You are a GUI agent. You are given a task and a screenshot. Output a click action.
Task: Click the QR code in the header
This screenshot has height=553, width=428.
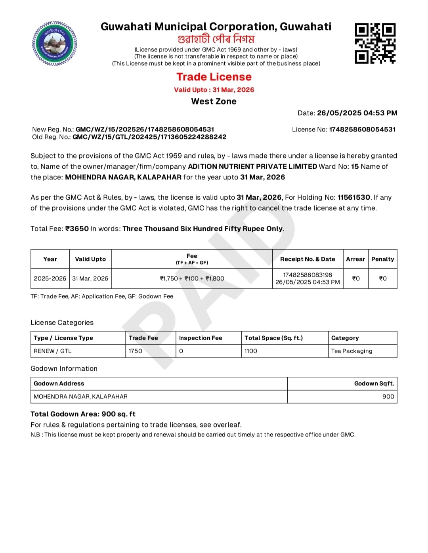tap(375, 43)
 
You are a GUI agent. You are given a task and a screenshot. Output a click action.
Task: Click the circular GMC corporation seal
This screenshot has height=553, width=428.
tap(55, 44)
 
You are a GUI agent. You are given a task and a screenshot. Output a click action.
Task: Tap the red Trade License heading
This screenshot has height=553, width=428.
tap(214, 77)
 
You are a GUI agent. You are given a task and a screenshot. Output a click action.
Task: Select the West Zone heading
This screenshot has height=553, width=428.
tap(214, 101)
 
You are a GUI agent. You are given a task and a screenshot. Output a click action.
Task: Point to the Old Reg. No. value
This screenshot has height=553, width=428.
tap(149, 137)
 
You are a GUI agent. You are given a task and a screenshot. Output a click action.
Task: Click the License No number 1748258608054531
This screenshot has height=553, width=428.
tap(362, 130)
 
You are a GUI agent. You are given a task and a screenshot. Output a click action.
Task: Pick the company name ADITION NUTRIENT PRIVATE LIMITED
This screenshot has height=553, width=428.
tap(252, 166)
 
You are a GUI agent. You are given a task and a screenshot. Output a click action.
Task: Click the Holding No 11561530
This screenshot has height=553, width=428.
tap(354, 197)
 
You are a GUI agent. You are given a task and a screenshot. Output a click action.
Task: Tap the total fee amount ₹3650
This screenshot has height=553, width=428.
tap(77, 229)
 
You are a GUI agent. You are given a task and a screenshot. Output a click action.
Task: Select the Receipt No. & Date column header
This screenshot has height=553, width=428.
tap(308, 259)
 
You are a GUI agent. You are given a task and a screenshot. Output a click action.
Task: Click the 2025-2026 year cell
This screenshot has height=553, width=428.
tap(50, 278)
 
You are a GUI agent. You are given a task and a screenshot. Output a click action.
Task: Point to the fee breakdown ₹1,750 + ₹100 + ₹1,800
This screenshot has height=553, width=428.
tap(192, 278)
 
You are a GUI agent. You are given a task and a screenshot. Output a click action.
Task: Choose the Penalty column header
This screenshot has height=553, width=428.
tap(382, 259)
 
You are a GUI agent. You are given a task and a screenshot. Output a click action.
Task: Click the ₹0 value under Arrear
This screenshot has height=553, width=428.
tap(356, 278)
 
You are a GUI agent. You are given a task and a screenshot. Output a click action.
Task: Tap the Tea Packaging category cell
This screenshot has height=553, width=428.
tap(352, 351)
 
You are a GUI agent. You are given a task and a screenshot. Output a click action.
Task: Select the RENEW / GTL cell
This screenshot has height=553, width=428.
tap(53, 351)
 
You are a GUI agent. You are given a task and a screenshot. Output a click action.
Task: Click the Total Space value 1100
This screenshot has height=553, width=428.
tap(250, 351)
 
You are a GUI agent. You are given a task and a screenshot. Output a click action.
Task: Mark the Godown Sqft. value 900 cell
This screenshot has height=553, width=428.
tap(388, 397)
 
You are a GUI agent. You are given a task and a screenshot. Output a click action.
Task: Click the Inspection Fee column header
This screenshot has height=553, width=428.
tap(201, 338)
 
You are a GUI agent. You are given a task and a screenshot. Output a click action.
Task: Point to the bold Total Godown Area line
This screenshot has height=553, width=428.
tap(83, 414)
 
